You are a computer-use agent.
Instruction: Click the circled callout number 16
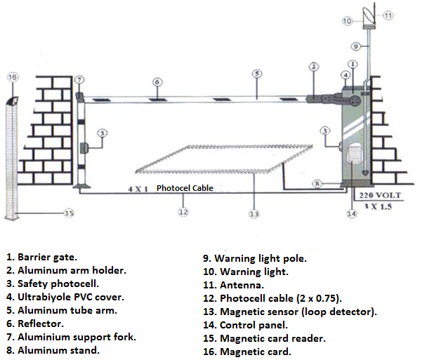[12, 76]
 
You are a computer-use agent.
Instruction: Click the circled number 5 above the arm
[258, 73]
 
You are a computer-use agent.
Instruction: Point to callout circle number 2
[313, 67]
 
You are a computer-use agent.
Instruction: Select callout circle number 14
[352, 213]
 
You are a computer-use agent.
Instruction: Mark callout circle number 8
[317, 184]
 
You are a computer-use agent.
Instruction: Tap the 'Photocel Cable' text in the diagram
[185, 188]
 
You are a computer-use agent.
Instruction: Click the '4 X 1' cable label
[139, 188]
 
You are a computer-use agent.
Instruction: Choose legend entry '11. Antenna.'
[234, 284]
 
